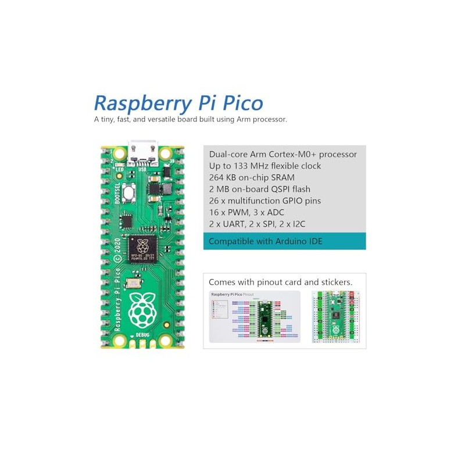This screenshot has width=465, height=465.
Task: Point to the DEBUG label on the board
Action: pos(142,335)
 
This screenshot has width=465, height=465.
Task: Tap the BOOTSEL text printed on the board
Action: pos(117,192)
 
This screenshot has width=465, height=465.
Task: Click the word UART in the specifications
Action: pos(232,224)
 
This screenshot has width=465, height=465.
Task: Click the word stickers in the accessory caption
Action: pos(335,281)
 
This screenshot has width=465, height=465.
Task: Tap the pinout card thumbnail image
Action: pos(254,316)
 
